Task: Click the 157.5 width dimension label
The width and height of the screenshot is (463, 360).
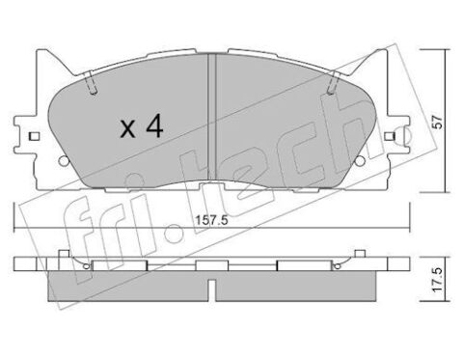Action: click(x=212, y=221)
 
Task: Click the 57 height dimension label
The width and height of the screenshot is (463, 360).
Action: click(x=438, y=122)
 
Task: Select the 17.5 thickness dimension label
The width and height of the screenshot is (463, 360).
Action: click(x=438, y=280)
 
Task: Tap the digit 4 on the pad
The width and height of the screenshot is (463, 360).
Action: click(x=154, y=126)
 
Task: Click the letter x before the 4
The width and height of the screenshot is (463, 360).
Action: click(x=128, y=129)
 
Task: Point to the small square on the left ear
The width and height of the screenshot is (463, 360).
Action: click(x=34, y=136)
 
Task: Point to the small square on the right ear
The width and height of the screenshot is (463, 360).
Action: click(x=390, y=136)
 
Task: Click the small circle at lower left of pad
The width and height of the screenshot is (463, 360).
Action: click(x=64, y=160)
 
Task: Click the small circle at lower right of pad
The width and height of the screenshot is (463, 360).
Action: click(x=360, y=160)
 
